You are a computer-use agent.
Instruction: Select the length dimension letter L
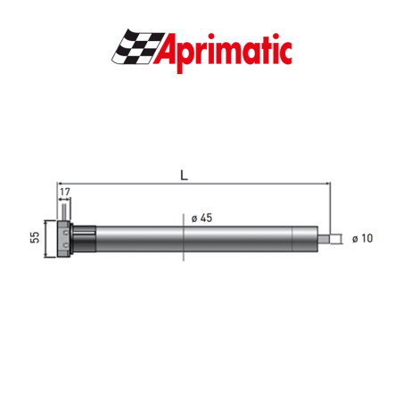coord(184,175)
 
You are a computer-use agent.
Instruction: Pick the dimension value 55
coord(35,237)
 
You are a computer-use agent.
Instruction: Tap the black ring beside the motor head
coord(83,238)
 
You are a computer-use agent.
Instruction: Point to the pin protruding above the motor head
coord(63,213)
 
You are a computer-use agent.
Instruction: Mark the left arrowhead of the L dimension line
coord(62,185)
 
